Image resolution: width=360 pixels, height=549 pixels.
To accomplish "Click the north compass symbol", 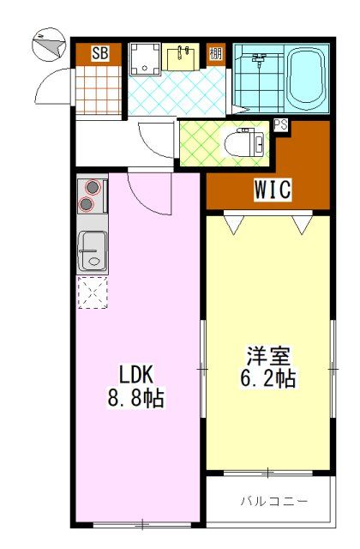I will (45, 45).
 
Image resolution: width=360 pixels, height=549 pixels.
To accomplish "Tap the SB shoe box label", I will (100, 54).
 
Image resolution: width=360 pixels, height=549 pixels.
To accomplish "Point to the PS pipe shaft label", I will (280, 124).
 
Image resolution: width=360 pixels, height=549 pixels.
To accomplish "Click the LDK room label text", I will (136, 376).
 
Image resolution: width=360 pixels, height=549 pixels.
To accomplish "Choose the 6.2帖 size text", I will (269, 377).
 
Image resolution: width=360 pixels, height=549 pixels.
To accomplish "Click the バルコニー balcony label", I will (273, 499).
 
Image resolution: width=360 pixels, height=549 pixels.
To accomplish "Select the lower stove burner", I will (88, 204).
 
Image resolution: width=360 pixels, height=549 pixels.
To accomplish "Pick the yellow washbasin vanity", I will (183, 57).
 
